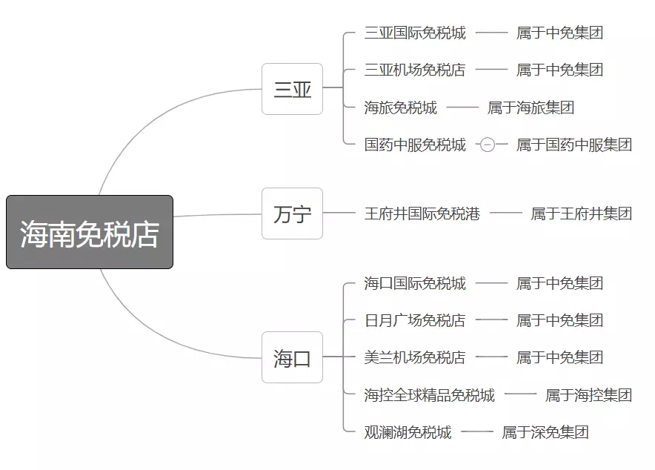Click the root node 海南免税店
90,232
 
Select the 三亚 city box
292,89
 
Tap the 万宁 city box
292,214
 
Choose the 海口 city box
292,357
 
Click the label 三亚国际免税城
415,33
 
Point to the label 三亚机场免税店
415,70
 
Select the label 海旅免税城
400,107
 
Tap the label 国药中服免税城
415,145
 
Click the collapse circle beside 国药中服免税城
487,145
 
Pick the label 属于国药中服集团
574,145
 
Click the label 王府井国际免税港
422,214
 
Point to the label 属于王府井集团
581,214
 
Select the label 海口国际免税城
415,283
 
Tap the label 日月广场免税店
415,320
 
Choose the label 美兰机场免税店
415,357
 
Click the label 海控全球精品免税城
430,395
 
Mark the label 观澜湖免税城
408,432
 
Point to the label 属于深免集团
545,432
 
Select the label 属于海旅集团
531,107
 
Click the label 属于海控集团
588,395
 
